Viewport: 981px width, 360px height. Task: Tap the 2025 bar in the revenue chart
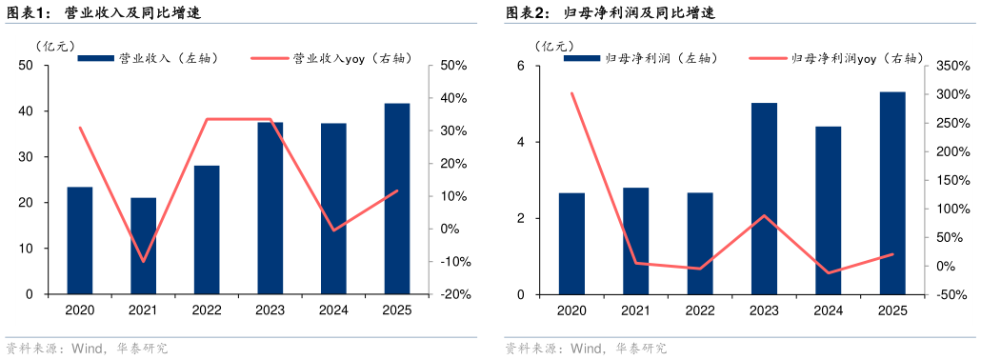396,199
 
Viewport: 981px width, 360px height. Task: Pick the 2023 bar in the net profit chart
764,199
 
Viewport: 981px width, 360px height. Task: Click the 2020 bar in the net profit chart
571,244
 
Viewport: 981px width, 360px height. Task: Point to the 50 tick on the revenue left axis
26,66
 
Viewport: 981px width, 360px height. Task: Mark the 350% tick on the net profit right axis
950,66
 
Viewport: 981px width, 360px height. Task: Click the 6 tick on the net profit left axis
521,66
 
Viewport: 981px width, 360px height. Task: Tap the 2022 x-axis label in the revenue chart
206,310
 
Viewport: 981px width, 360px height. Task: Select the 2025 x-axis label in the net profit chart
891,310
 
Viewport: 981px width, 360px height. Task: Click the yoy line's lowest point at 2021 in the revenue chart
143,261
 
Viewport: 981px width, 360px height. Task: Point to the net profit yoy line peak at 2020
571,93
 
